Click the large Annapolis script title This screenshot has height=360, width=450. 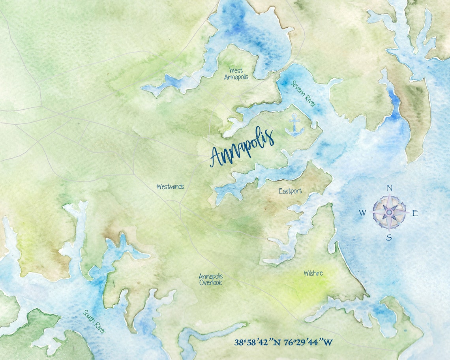pos(242,147)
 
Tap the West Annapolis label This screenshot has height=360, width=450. pos(236,74)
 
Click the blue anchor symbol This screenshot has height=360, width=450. pos(294,125)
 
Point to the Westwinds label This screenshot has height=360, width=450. pos(170,187)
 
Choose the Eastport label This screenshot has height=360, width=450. pos(290,191)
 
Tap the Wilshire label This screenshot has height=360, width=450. pos(313,273)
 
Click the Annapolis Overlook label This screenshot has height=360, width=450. pos(210,279)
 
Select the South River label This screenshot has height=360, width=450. pos(94,322)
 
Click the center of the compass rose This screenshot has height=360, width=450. pos(389,212)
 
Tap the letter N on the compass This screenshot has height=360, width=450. pos(389,188)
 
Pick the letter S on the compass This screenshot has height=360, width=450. pos(389,237)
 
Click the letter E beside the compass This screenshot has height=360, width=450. pos(415,213)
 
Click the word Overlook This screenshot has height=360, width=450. pos(210,283)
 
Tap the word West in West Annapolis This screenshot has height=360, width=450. pos(236,71)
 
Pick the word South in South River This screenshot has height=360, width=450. pos(89,316)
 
